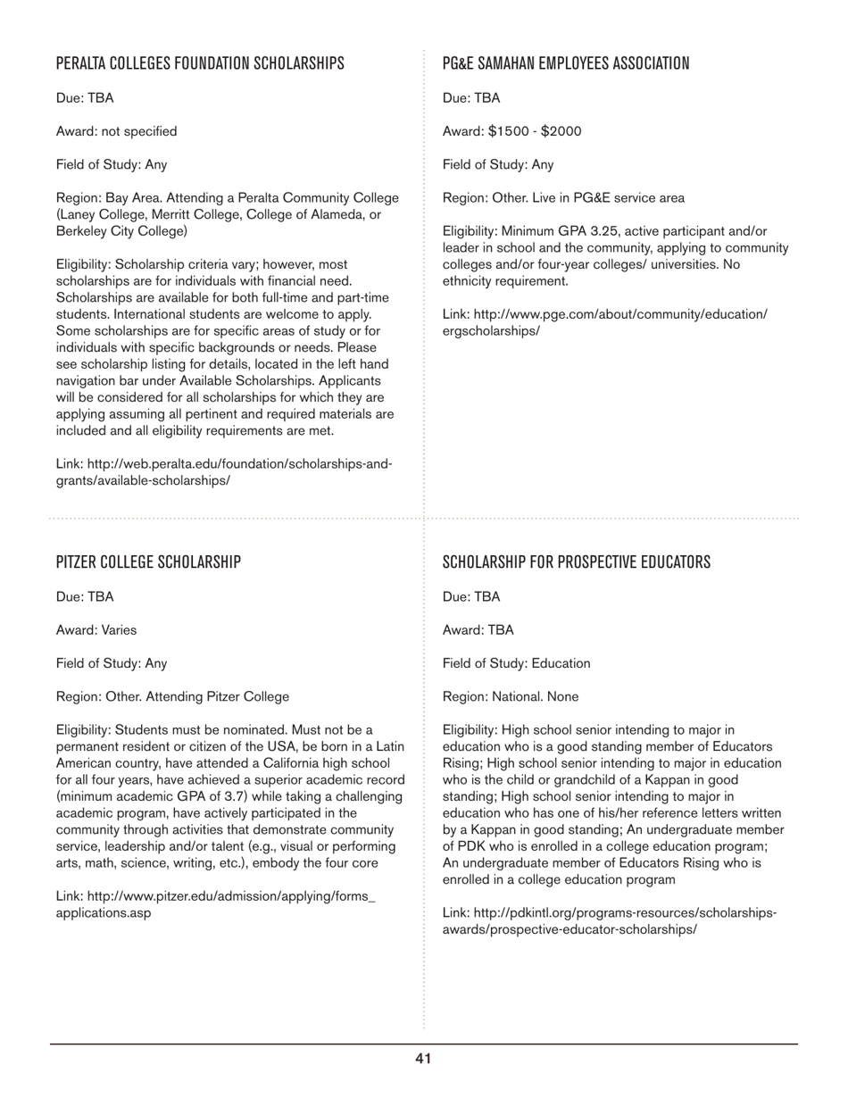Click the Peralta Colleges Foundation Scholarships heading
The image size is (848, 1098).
200,63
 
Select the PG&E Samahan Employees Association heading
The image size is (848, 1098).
566,63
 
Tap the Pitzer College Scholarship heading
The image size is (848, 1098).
148,562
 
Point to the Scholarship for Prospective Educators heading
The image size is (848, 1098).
577,562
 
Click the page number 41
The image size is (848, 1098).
423,1059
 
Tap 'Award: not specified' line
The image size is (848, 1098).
116,131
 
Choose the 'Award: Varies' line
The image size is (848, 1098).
96,630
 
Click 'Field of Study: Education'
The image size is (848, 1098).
516,663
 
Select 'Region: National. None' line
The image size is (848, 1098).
510,696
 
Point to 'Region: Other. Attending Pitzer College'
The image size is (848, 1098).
172,696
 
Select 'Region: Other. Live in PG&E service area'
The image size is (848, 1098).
563,198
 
